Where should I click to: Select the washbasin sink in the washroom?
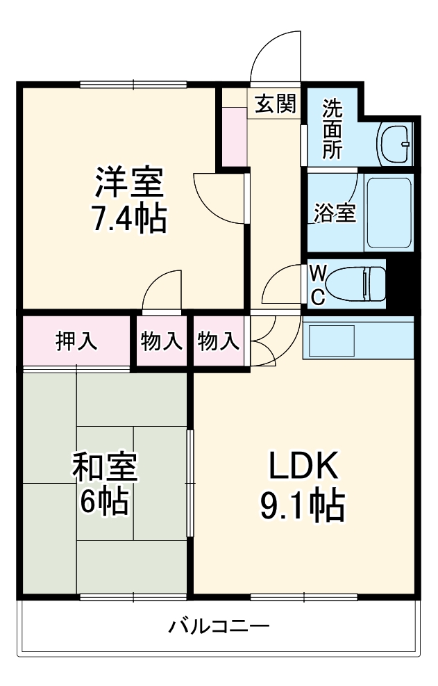pos(396,143)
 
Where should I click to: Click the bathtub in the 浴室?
pos(389,213)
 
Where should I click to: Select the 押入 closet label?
pos(76,341)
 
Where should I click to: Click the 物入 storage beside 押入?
pos(162,341)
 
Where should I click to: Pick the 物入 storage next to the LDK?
pos(219,341)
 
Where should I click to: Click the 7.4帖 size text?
pos(129,220)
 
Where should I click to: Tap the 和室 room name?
pos(105,467)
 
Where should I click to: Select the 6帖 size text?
pos(105,502)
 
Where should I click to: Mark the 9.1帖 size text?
pos(303,506)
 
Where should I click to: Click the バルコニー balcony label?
pos(219,626)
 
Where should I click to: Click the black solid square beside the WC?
pos(400,281)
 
